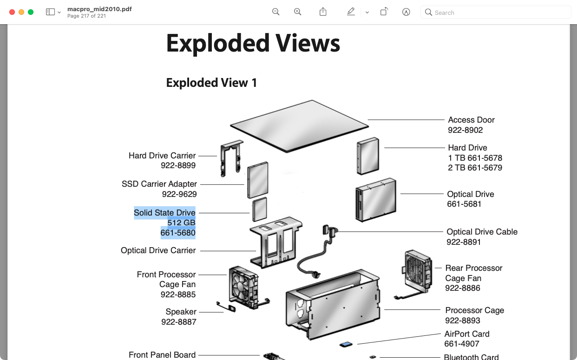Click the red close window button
point(12,12)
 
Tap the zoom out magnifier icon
point(275,12)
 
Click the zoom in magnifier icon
point(297,12)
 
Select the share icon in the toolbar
point(323,12)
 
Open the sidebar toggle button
point(51,12)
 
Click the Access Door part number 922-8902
point(465,130)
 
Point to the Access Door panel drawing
point(300,126)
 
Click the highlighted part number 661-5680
point(178,233)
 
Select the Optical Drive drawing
point(376,200)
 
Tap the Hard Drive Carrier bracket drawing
point(231,158)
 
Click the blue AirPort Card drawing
point(346,344)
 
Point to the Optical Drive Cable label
point(482,232)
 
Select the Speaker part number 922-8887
point(179,322)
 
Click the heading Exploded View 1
point(211,83)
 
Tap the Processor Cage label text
point(474,310)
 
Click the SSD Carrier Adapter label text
point(159,184)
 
